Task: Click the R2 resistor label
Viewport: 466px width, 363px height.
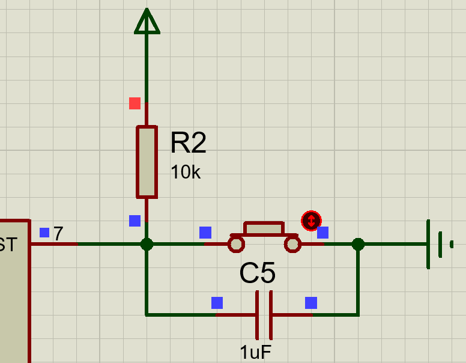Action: click(188, 144)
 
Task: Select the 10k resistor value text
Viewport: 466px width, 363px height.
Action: click(186, 172)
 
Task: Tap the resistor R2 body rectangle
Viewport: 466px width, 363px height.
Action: click(147, 162)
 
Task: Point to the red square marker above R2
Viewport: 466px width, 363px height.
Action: click(135, 103)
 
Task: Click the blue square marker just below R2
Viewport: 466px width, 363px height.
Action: click(135, 221)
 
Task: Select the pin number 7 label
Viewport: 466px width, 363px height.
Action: click(58, 234)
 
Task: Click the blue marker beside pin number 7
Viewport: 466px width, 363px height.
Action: click(44, 232)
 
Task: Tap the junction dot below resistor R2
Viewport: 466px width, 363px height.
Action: click(147, 244)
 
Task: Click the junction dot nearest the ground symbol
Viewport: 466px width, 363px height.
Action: click(358, 244)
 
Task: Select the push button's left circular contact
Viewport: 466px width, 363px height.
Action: click(236, 244)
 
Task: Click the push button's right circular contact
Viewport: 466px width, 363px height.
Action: click(292, 244)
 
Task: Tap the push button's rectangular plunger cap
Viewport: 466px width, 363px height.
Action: click(264, 229)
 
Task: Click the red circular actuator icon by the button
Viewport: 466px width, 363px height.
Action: click(311, 221)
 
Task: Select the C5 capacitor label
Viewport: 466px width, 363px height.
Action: click(257, 274)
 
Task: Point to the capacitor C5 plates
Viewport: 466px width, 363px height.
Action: click(264, 314)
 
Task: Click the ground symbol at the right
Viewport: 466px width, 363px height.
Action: click(438, 244)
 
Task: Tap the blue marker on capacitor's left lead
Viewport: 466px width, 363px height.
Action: click(217, 302)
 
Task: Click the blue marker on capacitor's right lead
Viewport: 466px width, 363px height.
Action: click(310, 302)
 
